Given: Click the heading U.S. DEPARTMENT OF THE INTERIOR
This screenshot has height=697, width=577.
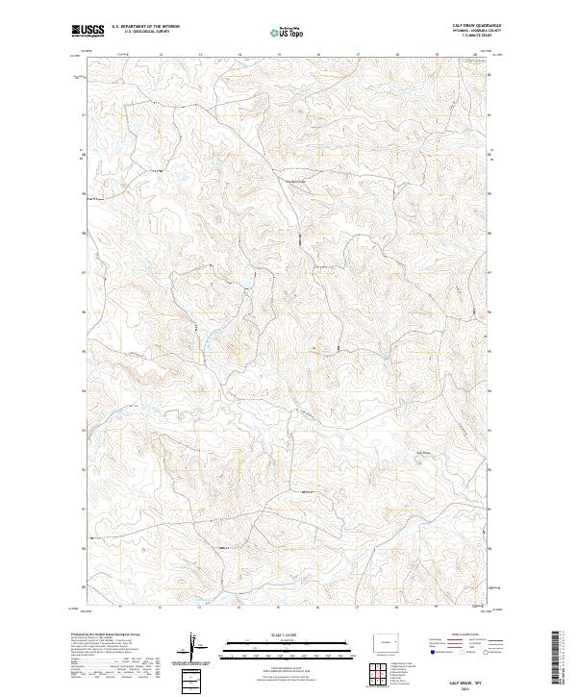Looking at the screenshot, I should pyautogui.click(x=145, y=27).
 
